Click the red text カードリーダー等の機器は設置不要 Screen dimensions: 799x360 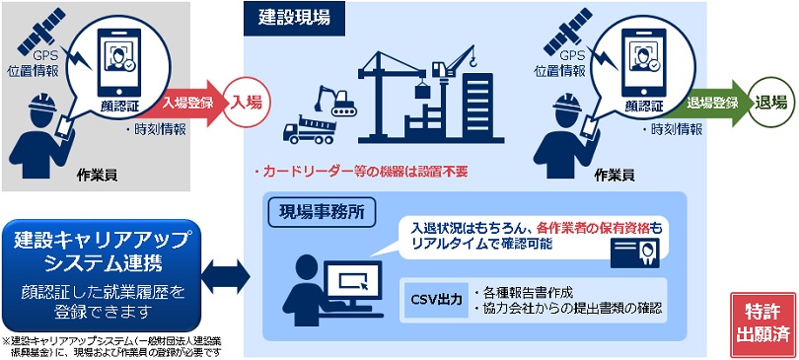360,172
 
